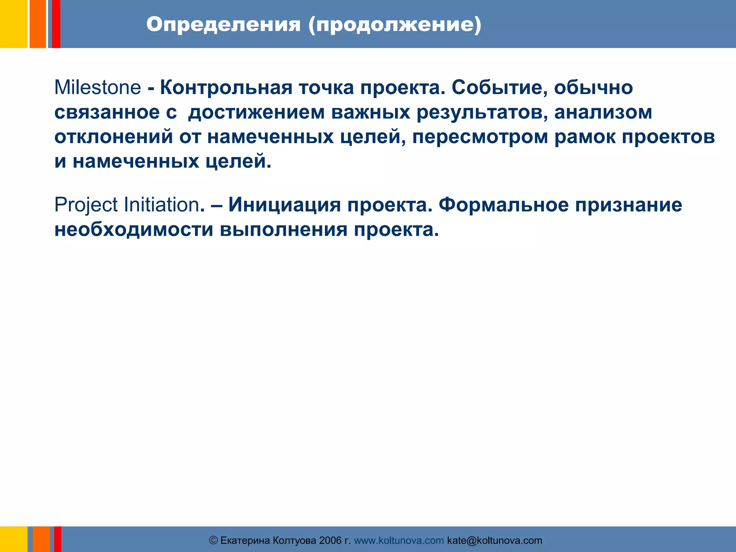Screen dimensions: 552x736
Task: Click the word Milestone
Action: [x=97, y=88]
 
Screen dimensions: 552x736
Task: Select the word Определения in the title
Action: [x=223, y=25]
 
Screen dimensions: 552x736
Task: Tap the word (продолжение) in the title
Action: [x=394, y=25]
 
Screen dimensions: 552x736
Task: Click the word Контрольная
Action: [x=226, y=88]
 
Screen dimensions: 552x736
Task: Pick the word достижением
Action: [x=256, y=112]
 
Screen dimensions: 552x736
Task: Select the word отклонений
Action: [x=114, y=137]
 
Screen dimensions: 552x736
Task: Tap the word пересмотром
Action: [x=480, y=137]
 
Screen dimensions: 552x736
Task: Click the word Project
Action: [x=86, y=205]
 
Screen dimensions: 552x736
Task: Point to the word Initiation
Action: [x=161, y=205]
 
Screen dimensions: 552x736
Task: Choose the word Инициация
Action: [x=284, y=205]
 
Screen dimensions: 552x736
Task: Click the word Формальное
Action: [x=503, y=205]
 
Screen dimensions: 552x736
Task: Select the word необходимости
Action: [x=134, y=230]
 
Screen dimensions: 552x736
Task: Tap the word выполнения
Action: [x=284, y=230]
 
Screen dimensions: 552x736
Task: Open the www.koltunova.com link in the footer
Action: [x=399, y=540]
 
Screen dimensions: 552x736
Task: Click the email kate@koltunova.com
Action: [x=494, y=540]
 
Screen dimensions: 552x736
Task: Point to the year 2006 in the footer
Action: [x=330, y=540]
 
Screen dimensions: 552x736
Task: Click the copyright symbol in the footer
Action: [x=213, y=540]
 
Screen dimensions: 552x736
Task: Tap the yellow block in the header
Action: [x=13, y=24]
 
